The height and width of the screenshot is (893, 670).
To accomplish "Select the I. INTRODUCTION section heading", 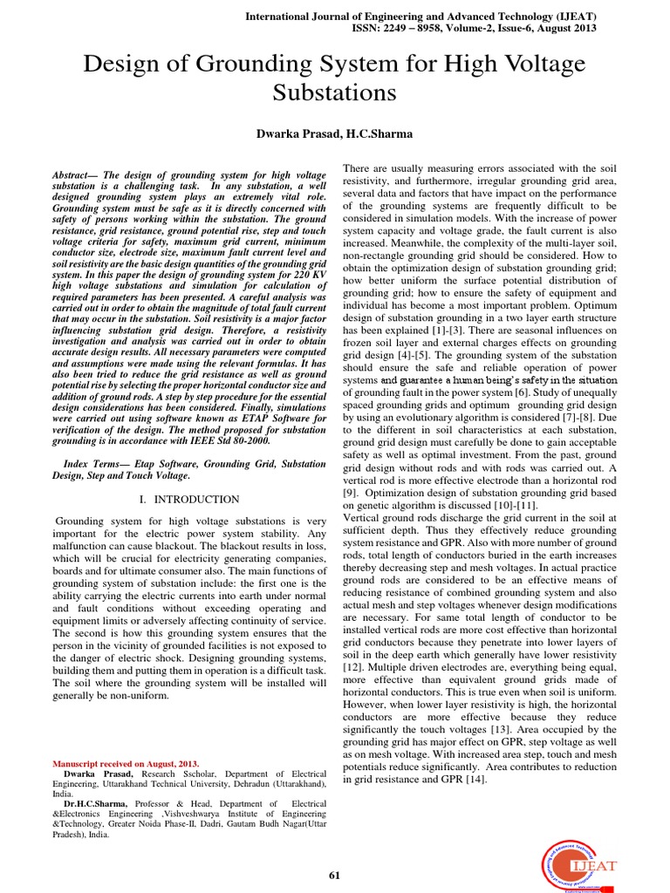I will pyautogui.click(x=189, y=500).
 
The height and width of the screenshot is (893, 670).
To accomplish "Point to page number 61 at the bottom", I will pyautogui.click(x=334, y=876).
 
